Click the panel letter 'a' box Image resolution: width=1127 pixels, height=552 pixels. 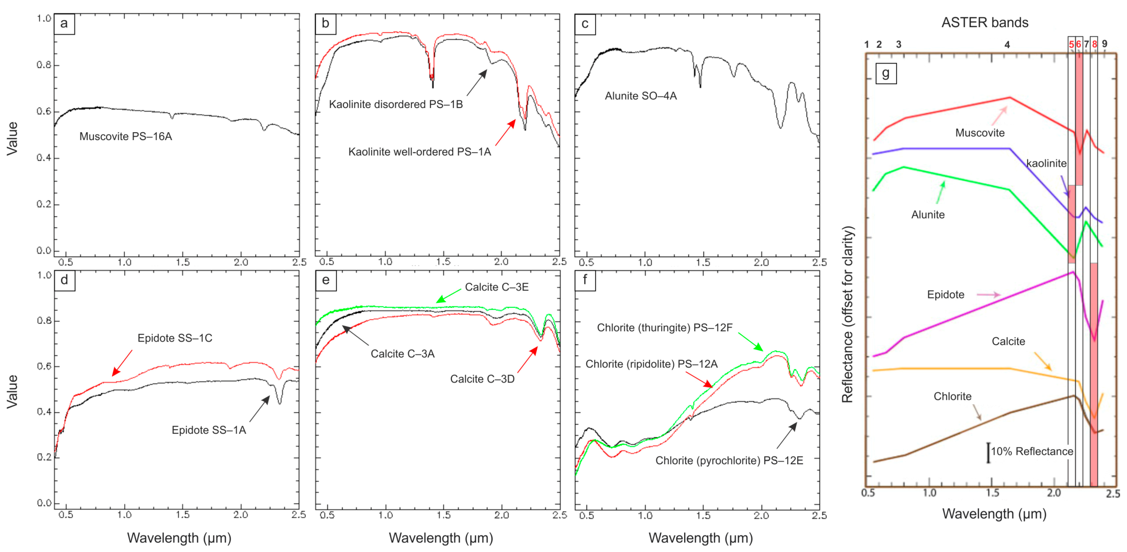[64, 24]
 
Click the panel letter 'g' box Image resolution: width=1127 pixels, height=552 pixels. [886, 73]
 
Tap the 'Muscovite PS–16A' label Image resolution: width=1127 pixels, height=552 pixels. [125, 137]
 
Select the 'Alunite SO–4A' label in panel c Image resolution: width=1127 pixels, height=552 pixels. [640, 96]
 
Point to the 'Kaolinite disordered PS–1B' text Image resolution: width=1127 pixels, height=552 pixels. [396, 104]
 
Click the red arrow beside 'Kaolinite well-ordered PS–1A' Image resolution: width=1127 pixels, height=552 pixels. [505, 132]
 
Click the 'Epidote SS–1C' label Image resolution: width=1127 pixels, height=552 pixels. [175, 338]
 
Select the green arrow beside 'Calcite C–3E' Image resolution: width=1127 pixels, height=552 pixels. [448, 296]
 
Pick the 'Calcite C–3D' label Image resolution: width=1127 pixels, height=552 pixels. [482, 379]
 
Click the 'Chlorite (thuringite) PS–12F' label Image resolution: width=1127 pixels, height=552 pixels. [664, 328]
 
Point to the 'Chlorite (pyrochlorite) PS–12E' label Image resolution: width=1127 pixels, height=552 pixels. [729, 461]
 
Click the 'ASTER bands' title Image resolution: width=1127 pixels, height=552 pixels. [984, 22]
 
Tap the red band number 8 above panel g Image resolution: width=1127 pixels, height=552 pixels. [1094, 44]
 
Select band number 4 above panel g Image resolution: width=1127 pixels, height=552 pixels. [1007, 45]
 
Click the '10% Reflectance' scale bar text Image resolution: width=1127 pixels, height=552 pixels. [1031, 451]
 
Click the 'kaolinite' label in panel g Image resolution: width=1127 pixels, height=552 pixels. [1046, 163]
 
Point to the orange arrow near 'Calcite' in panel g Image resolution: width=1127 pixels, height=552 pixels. [1043, 361]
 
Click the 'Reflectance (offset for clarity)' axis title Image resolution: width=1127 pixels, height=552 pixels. [848, 314]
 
